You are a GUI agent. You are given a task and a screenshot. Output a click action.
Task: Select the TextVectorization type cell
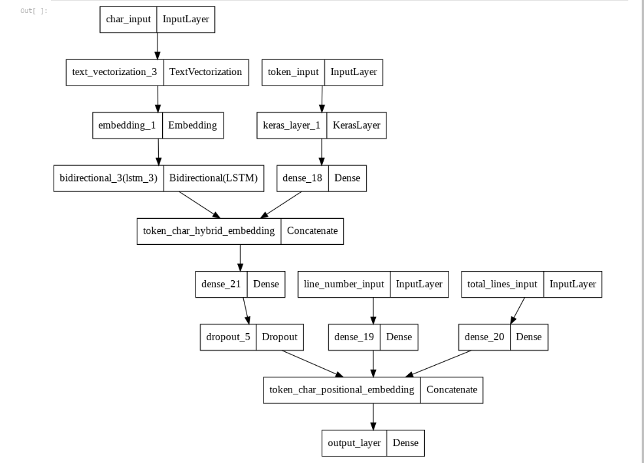205,72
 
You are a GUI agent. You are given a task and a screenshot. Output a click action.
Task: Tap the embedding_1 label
127,125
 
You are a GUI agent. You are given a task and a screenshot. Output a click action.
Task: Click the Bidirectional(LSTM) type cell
213,178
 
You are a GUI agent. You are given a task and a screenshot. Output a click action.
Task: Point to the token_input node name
293,72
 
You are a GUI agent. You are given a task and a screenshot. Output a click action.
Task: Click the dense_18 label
302,178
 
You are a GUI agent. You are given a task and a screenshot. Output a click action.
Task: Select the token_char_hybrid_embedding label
209,231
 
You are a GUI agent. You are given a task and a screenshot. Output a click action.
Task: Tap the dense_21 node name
220,284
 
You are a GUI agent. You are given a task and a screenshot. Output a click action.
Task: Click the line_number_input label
344,284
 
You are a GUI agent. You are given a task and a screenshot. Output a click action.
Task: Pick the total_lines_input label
502,284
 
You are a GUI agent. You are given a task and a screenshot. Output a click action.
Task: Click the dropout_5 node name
228,337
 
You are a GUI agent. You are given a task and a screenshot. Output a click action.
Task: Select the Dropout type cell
279,337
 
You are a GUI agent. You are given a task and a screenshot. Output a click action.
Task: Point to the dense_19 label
354,337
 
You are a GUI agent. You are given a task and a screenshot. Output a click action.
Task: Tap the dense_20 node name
484,337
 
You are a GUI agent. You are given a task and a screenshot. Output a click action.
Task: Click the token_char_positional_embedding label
341,390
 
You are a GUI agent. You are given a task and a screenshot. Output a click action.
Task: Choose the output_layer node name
354,443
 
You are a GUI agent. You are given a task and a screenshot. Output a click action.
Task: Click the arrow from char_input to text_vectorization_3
157,46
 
